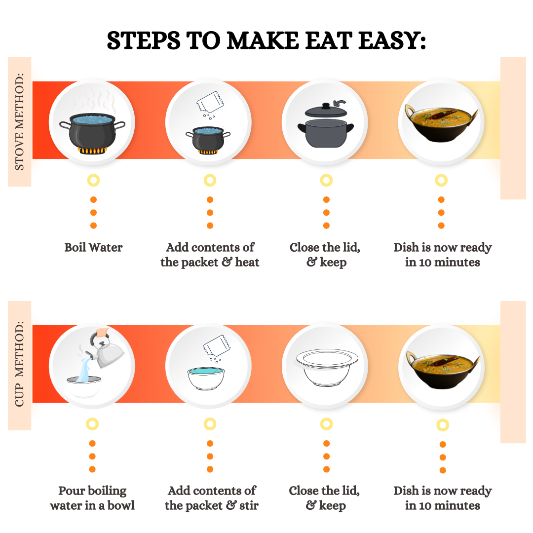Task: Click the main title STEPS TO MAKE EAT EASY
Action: tap(266, 40)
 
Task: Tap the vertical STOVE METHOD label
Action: tap(19, 122)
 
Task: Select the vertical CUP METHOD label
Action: tap(19, 364)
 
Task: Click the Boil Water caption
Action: tap(93, 247)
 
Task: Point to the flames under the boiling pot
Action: tap(92, 150)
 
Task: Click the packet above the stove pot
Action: tap(210, 102)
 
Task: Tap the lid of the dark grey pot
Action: tap(326, 110)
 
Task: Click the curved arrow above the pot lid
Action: tap(340, 103)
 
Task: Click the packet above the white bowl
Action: tap(217, 345)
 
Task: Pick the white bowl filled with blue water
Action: tap(206, 378)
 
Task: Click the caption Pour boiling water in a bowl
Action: tap(92, 498)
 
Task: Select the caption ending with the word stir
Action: tap(211, 498)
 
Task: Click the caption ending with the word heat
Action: tap(210, 255)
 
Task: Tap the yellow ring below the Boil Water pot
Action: tap(93, 180)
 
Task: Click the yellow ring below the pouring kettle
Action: tap(92, 424)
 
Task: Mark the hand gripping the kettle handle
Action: tap(102, 332)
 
